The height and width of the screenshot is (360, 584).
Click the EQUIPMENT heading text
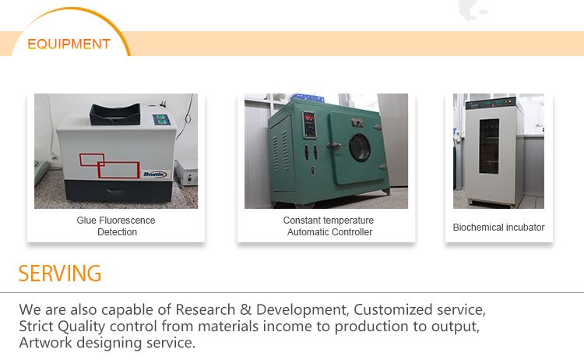[x=69, y=44]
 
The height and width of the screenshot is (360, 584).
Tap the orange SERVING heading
[x=60, y=274]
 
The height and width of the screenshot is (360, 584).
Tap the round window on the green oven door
[x=361, y=146]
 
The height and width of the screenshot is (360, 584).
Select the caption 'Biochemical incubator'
[x=498, y=228]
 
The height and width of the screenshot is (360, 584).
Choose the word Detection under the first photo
[x=117, y=232]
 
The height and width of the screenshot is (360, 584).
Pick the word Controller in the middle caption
[x=352, y=232]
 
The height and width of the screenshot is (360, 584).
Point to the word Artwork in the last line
[x=45, y=343]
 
